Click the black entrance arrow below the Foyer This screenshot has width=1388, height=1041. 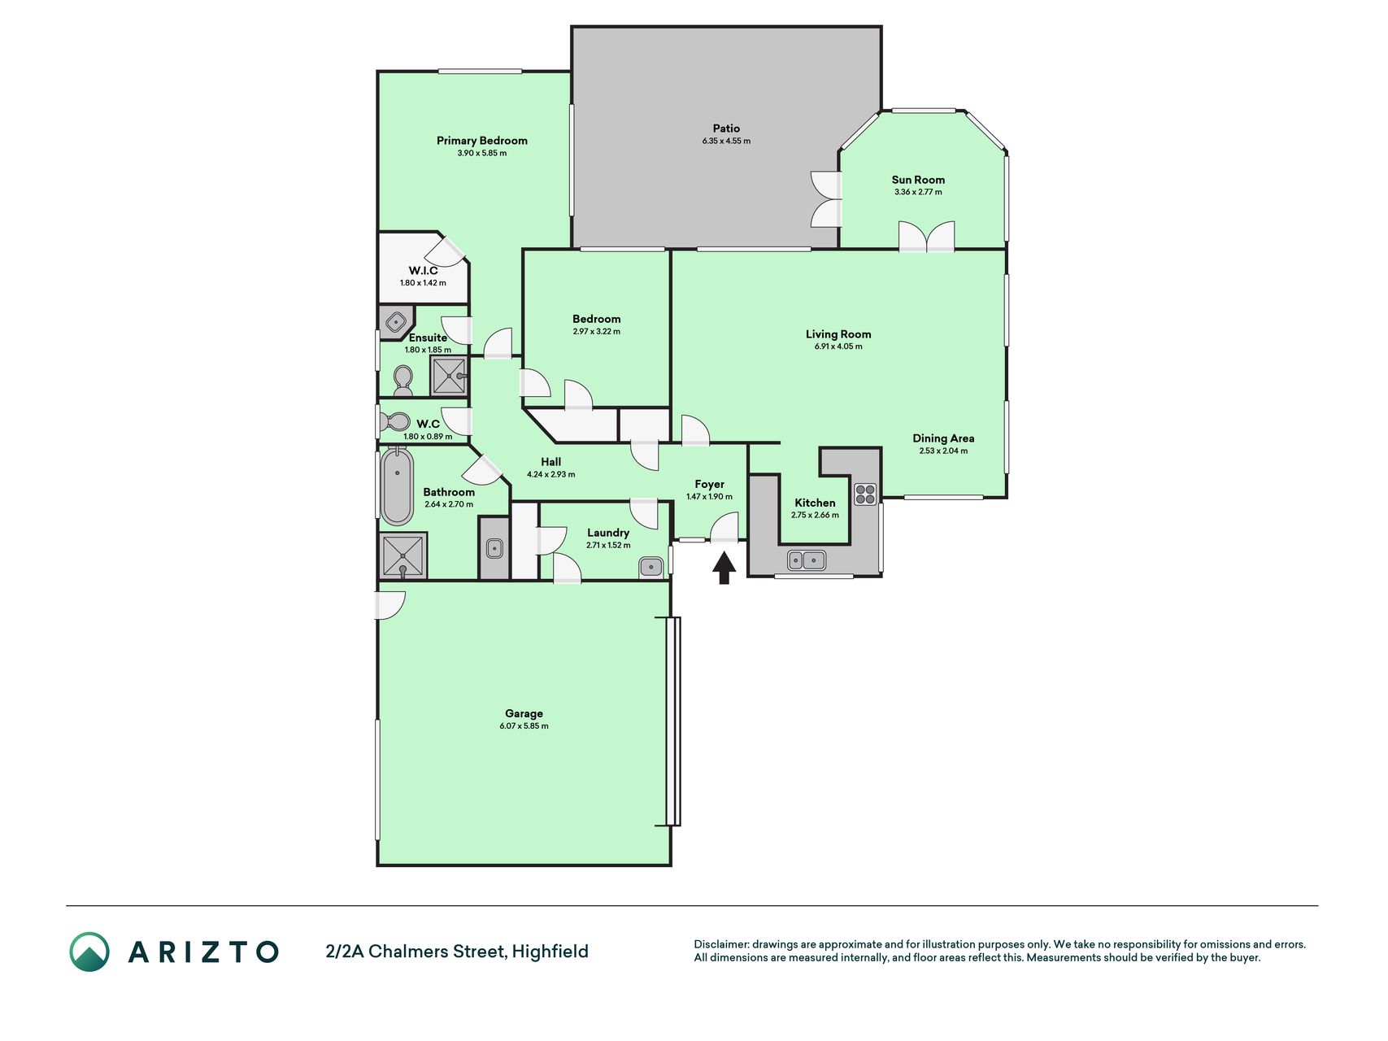pos(724,568)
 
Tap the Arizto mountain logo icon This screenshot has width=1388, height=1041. pos(89,952)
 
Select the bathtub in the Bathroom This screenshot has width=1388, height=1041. pos(397,486)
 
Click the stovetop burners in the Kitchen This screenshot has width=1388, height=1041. pos(865,493)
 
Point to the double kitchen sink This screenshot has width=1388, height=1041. pos(806,560)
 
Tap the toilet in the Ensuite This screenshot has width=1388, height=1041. pos(402,380)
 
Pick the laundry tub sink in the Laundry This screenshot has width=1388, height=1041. pos(650,567)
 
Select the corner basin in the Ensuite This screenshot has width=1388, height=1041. pos(395,321)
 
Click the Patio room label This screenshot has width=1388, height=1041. pos(726,128)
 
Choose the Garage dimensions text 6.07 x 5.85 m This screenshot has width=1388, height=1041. pos(524,726)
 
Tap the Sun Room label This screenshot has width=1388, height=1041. pos(918,180)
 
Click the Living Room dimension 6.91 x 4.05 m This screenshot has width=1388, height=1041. pos(838,346)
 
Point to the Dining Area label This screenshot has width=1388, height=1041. pos(943,438)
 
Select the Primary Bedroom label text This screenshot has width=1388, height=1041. pos(482,141)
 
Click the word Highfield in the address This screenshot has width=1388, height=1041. pos(550,952)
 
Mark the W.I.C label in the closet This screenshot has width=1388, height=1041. pos(423,271)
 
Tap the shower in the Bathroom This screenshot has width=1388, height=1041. pos(402,555)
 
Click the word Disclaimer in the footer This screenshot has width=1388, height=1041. pos(720,944)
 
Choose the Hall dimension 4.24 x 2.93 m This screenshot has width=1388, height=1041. pos(550,474)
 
